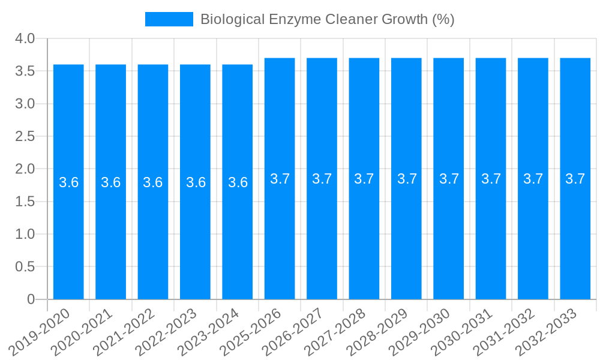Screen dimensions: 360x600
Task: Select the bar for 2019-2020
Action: [x=68, y=240]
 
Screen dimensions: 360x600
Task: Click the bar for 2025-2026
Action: [x=280, y=240]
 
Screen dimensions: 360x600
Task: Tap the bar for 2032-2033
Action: [x=575, y=240]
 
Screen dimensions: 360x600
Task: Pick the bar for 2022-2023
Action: [x=195, y=240]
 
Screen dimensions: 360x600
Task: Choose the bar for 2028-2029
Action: [x=406, y=240]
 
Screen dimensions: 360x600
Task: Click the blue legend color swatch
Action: [x=169, y=19]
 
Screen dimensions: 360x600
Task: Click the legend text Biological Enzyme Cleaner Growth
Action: [x=327, y=19]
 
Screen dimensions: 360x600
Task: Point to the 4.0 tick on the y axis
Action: [x=25, y=39]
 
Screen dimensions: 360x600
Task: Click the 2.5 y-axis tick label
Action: [x=25, y=137]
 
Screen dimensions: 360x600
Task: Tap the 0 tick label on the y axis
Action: [x=31, y=299]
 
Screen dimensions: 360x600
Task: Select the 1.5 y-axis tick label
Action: [x=25, y=202]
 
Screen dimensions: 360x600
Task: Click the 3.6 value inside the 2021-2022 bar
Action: [x=153, y=182]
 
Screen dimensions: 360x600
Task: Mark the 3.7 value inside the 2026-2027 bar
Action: [x=322, y=179]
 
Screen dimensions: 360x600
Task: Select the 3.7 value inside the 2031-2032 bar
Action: [x=533, y=179]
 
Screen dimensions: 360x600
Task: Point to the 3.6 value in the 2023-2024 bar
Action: [x=238, y=182]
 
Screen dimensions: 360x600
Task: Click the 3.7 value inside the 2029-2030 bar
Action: [x=449, y=179]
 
